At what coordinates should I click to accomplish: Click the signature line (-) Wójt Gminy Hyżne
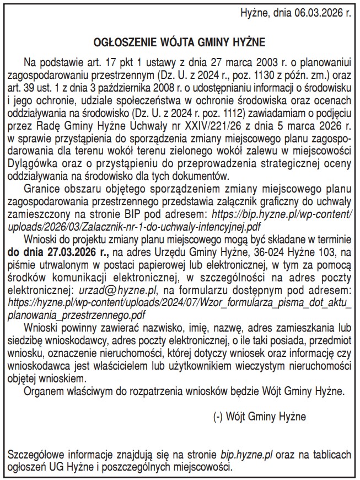click(259, 415)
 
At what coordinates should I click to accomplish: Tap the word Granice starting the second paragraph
click(41, 188)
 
